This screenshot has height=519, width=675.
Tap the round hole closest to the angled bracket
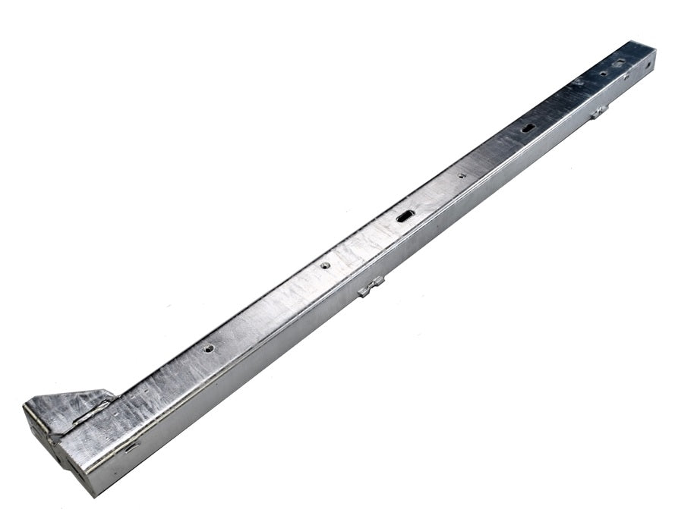[209, 348]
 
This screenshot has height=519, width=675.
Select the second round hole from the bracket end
[325, 266]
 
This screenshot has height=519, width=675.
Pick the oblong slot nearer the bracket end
[404, 216]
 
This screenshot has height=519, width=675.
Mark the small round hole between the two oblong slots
[462, 175]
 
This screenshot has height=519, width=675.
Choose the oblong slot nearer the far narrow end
[528, 127]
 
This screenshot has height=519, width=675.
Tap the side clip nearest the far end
[598, 112]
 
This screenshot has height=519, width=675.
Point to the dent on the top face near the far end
[579, 82]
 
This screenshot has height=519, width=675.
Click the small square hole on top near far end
[604, 74]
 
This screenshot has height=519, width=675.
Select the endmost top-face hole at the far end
[619, 62]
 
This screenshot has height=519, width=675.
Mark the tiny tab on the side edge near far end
[626, 77]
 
